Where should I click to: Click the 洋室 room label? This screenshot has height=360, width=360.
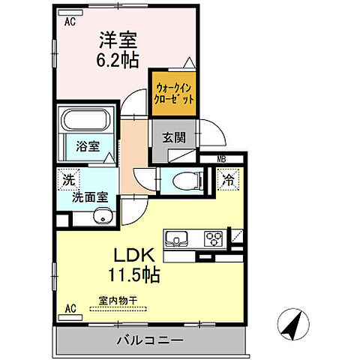click(x=118, y=37)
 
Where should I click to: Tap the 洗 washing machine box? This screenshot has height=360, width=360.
click(x=68, y=180)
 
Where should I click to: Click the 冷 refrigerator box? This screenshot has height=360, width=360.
click(x=226, y=180)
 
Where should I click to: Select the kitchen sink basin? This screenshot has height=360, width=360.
click(x=181, y=241)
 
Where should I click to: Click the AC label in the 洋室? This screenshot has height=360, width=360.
click(x=70, y=22)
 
